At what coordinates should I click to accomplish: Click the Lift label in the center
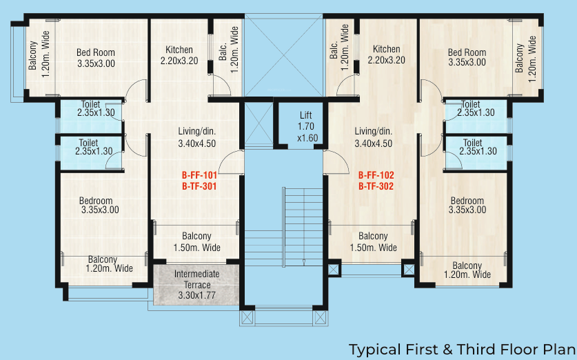coord(306,115)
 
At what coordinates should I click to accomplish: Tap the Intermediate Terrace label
coord(196,274)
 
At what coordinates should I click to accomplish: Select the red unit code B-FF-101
coord(200,175)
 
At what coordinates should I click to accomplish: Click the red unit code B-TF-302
coord(376,186)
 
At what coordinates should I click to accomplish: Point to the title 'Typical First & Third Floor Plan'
coord(461,349)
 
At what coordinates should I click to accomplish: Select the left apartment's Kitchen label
coord(179,50)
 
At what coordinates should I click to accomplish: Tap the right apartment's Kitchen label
coord(386,50)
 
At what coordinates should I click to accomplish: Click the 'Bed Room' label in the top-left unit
coord(96,52)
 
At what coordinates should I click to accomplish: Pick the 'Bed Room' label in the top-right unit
coord(467,52)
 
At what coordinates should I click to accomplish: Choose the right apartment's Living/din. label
coord(373,132)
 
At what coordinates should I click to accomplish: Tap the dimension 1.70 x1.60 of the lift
coord(306,132)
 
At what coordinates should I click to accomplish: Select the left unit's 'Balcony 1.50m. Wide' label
coord(196,241)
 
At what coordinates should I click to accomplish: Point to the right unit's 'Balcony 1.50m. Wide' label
coord(373,241)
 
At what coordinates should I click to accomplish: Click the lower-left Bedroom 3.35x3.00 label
coord(100,206)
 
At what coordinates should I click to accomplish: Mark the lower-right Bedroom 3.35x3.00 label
coord(467,205)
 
